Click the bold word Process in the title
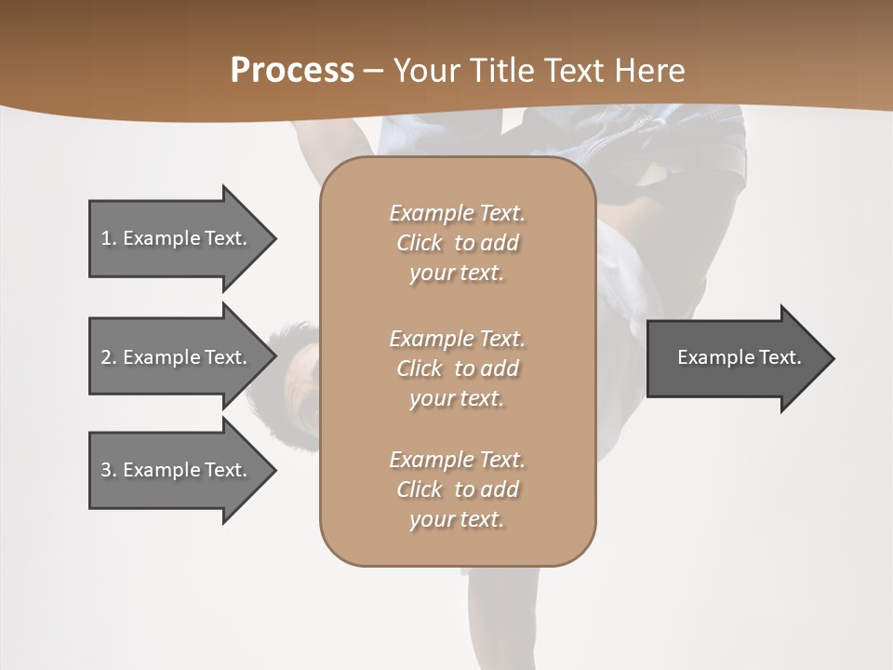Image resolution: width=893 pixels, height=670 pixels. tap(292, 71)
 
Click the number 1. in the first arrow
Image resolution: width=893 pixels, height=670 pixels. tap(108, 238)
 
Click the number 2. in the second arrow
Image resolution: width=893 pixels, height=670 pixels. tap(108, 357)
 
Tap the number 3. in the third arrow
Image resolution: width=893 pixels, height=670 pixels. tap(108, 470)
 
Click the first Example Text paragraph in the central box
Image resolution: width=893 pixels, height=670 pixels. tap(457, 243)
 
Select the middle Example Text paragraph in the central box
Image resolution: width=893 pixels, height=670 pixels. tap(457, 368)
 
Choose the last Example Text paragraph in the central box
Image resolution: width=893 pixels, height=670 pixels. tap(457, 489)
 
